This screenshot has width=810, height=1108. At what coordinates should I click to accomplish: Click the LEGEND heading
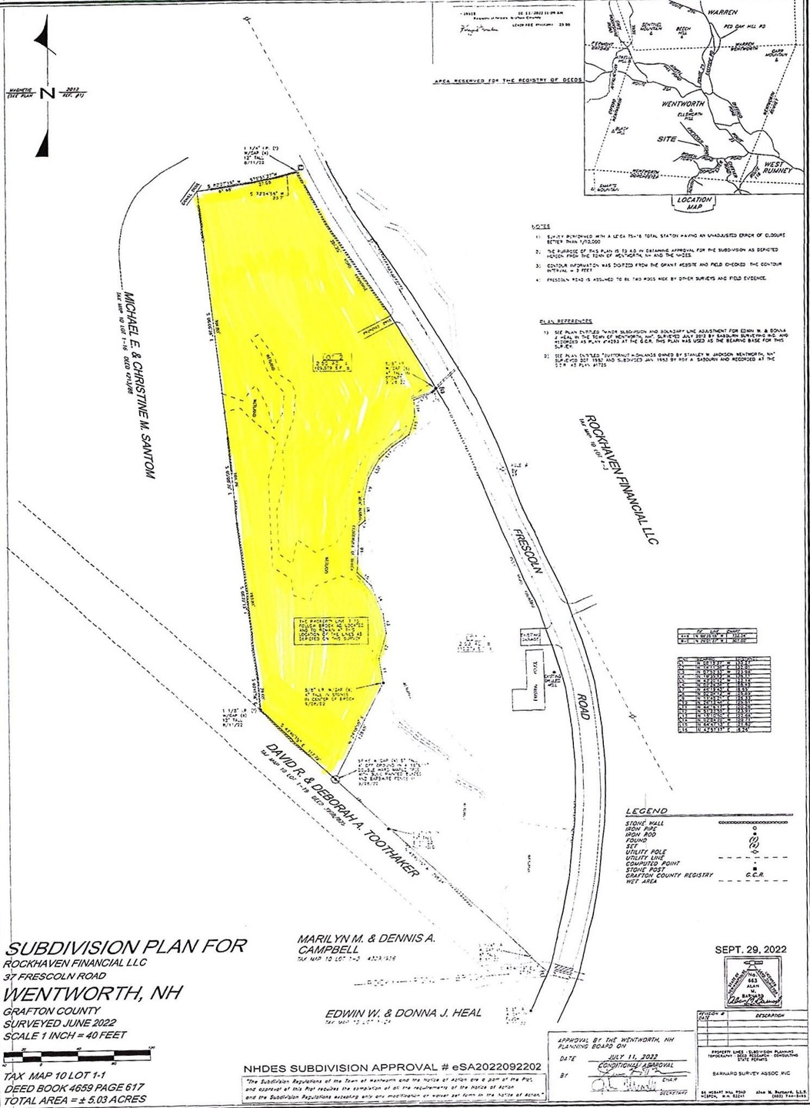646,811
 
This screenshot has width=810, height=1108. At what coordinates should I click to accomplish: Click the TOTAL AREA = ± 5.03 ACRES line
74,1100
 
